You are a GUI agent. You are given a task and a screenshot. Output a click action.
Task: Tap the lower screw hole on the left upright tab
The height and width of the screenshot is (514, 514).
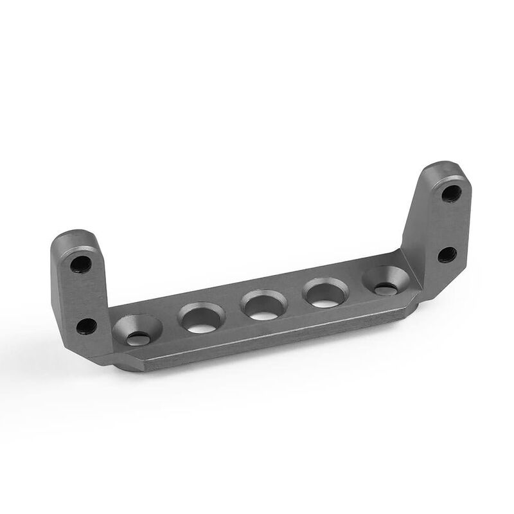(86, 325)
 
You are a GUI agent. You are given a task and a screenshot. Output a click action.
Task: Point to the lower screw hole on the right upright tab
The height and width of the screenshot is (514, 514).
(447, 254)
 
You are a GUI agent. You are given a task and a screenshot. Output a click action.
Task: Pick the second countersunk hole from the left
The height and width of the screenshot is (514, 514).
(202, 317)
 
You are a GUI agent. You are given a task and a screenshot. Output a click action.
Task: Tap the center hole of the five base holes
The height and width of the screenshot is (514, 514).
(263, 305)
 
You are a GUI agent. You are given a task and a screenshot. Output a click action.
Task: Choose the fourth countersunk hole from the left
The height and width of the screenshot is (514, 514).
(325, 292)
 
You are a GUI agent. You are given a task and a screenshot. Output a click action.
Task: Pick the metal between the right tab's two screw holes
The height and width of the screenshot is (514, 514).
(449, 224)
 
